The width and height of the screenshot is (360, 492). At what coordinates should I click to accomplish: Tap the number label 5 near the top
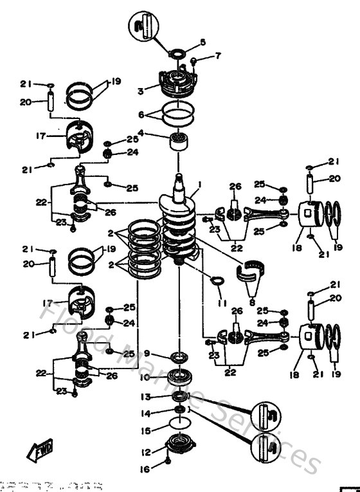[x=203, y=42]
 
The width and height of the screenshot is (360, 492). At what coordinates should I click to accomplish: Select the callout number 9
[x=147, y=353]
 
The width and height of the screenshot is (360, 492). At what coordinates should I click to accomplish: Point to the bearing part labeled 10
[x=177, y=378]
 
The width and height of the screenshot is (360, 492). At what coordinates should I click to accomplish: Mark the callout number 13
[x=146, y=397]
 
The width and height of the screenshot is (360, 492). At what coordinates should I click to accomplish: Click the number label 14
[x=146, y=414]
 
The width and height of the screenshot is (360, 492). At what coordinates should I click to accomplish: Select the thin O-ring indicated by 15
[x=179, y=424]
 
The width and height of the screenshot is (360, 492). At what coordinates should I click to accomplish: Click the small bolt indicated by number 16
[x=168, y=462]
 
